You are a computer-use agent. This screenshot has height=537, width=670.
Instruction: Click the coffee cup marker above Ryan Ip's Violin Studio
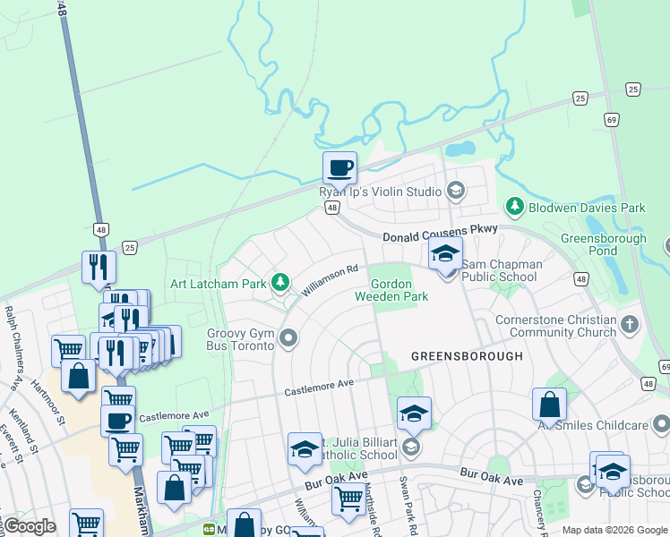(x=339, y=167)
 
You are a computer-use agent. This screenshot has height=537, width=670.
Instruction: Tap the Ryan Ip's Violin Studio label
(x=381, y=192)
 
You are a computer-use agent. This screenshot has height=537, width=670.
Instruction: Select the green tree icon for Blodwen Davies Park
(x=515, y=208)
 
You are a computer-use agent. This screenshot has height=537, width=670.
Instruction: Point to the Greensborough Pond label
(x=603, y=244)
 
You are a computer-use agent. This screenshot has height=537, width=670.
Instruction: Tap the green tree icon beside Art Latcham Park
(x=280, y=284)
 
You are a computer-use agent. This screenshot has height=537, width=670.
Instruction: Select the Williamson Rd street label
(x=330, y=280)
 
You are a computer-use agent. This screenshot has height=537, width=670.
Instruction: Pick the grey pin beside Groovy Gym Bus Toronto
(x=288, y=337)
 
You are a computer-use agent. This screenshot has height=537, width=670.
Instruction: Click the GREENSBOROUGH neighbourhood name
(x=466, y=356)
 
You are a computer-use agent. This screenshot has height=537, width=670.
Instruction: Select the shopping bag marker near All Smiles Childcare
(x=550, y=405)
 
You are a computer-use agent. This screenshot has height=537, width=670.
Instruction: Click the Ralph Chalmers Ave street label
(x=13, y=349)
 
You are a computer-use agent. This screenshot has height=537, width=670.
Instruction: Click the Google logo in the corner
(x=29, y=526)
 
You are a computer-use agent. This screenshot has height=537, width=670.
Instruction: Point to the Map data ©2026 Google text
(x=614, y=530)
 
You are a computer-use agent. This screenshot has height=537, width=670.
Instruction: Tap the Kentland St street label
(x=18, y=431)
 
